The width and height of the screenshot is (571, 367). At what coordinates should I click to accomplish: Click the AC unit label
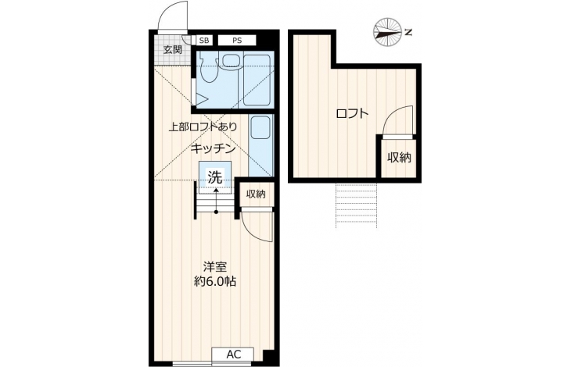point(234,355)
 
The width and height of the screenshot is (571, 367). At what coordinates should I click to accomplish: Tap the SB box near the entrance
point(204,41)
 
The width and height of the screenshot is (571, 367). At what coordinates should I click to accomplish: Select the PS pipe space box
point(237,41)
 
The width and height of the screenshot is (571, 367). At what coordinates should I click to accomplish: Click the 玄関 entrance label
point(172,50)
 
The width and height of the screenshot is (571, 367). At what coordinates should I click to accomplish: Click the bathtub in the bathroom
point(258,80)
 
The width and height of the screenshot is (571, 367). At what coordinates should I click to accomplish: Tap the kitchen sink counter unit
point(260,145)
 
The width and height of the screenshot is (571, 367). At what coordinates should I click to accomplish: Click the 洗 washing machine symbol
point(215,177)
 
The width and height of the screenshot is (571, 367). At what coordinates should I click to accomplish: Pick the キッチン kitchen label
point(213,148)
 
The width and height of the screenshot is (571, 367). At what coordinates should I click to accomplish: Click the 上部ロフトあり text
point(203,126)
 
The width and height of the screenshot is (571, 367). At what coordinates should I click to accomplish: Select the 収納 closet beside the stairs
point(256,194)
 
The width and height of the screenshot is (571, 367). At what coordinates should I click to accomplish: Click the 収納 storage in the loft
point(399,157)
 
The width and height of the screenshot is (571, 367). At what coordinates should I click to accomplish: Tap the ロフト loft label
point(353,114)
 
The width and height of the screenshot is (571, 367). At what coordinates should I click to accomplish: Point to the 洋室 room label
point(215,267)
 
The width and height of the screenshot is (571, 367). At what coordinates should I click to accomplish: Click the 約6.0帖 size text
point(215,282)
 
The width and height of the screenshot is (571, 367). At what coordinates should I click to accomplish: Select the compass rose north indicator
point(388,32)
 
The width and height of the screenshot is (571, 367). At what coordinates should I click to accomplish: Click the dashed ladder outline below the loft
point(356,205)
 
